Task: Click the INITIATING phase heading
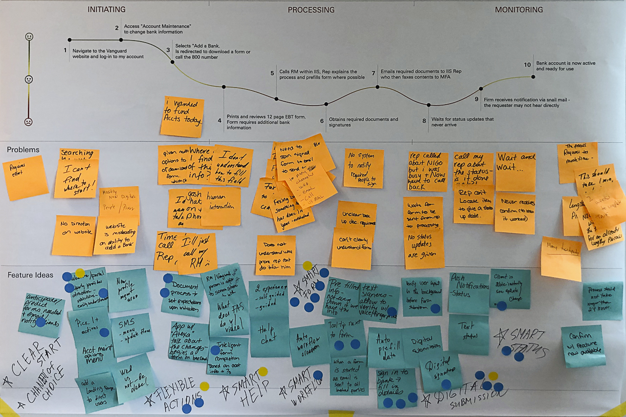[106, 9]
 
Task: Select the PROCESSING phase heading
[311, 10]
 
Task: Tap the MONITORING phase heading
[518, 10]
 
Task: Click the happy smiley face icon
[29, 37]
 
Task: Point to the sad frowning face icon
[29, 122]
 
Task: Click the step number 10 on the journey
[527, 65]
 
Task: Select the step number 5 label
[272, 73]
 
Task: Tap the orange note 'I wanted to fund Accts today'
[182, 116]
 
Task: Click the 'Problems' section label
[23, 150]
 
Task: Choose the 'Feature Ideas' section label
[30, 275]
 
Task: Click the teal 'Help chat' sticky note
[269, 337]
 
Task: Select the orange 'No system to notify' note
[363, 168]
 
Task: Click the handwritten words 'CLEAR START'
[34, 362]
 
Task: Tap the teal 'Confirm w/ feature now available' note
[582, 346]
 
